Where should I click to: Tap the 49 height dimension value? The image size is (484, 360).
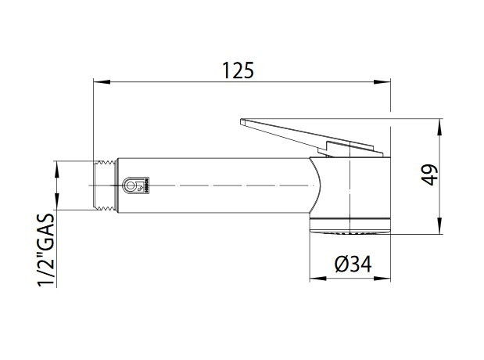click(428, 175)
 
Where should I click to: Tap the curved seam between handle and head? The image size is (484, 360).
click(318, 185)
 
